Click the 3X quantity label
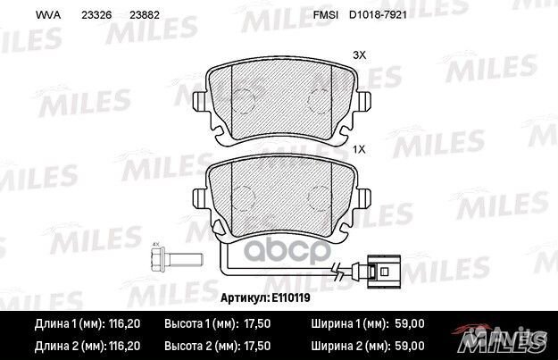tap(360, 55)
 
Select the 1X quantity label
tap(360, 149)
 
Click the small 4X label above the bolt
tap(155, 244)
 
